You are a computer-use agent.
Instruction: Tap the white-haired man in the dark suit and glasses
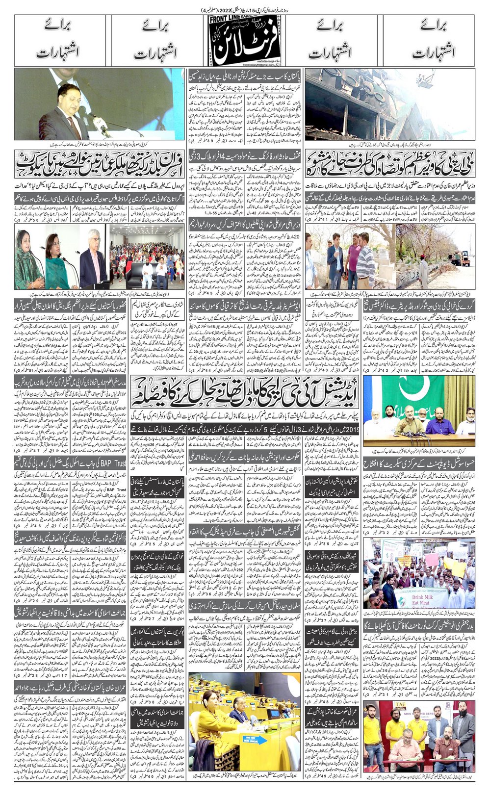tap(93, 262)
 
